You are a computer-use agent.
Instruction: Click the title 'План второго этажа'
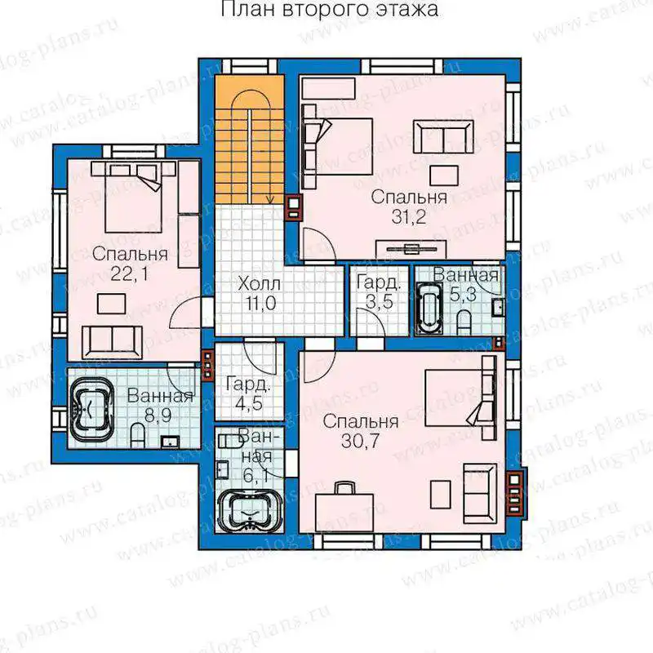coord(329,9)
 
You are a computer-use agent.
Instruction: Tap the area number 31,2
coord(409,216)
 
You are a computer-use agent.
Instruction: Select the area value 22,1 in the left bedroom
coord(129,273)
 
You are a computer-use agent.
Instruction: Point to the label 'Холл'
coord(259,284)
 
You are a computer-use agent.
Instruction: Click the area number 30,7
coord(360,441)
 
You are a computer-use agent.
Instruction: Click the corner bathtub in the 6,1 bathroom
coord(251,511)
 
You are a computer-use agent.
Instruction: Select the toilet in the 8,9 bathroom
coord(137,436)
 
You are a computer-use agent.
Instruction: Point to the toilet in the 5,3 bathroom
coord(463,323)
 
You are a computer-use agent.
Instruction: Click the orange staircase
coord(250,140)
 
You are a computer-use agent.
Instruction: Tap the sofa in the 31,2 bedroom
coord(443,137)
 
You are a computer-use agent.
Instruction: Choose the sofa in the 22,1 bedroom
coord(112,342)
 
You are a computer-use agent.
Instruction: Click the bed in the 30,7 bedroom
coord(460,398)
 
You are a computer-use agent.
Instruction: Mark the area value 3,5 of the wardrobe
coord(379,302)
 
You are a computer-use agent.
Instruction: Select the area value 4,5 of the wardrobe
coord(248,403)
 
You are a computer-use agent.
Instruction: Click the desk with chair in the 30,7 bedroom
coord(344,506)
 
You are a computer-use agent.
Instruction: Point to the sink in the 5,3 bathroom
coord(497,308)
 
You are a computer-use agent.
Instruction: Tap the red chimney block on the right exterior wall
coord(516,494)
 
